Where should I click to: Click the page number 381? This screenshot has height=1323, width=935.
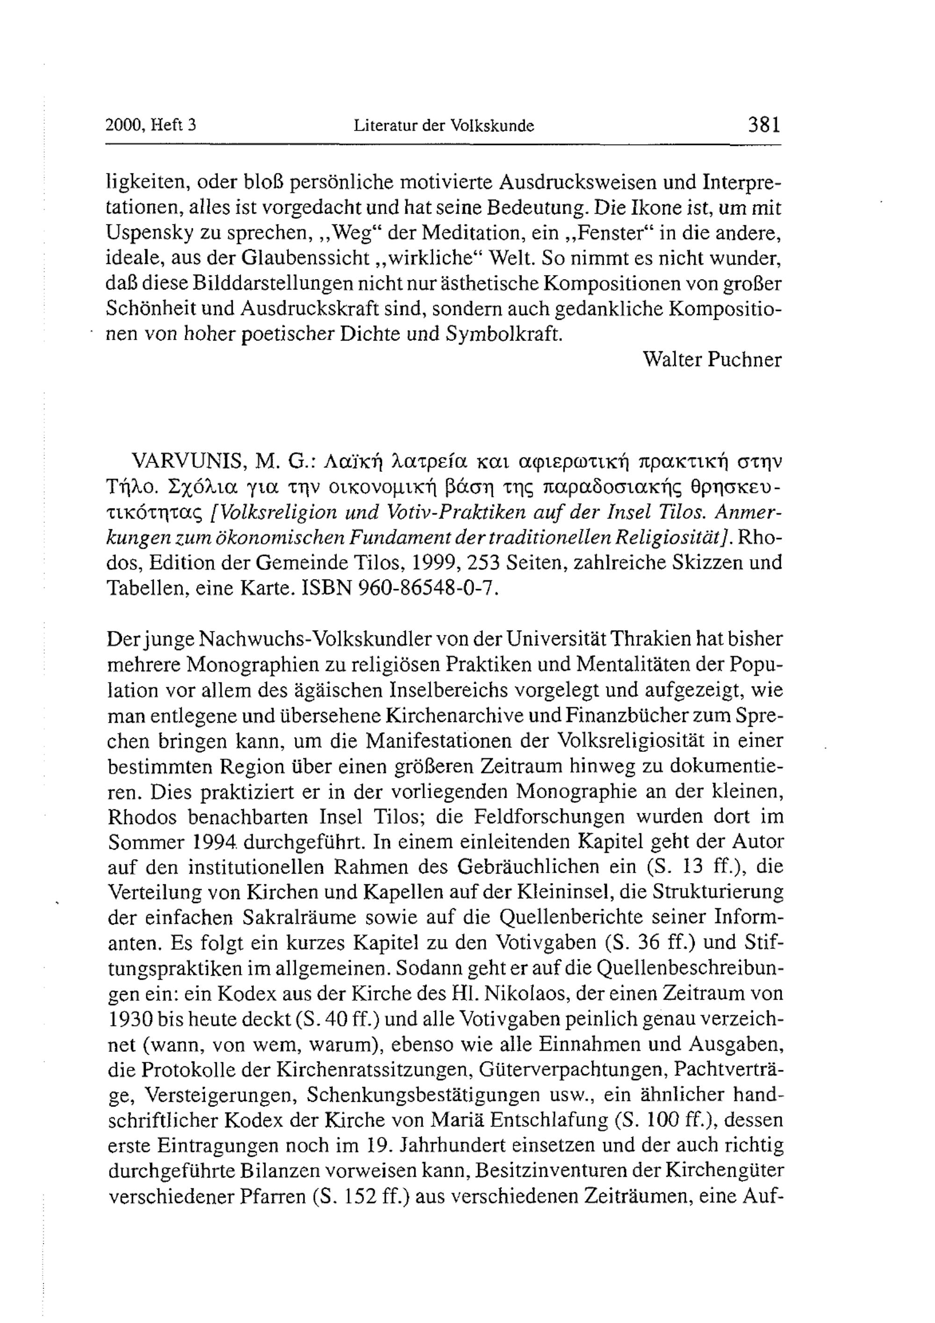coord(764,124)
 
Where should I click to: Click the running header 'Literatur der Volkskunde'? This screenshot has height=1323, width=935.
coord(444,126)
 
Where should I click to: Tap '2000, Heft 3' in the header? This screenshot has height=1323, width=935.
coord(151,125)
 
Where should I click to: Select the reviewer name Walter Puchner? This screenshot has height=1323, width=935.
coord(712,360)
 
